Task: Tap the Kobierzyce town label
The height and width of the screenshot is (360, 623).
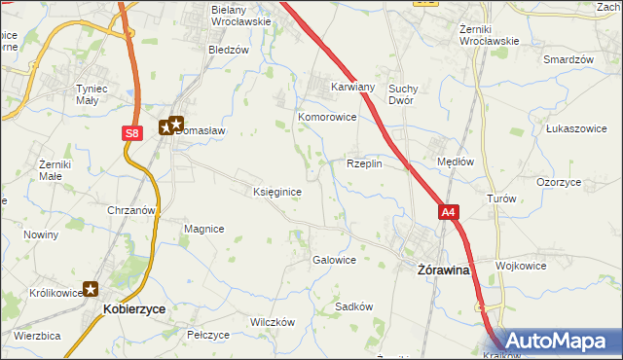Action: click(133, 308)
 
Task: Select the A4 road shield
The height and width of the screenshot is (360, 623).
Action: click(447, 212)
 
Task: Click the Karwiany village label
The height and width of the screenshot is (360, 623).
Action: click(352, 86)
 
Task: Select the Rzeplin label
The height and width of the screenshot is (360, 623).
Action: click(364, 163)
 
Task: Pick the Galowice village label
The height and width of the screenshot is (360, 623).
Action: click(333, 260)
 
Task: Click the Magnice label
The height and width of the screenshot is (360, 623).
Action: click(204, 229)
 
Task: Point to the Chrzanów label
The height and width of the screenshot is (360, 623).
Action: click(131, 210)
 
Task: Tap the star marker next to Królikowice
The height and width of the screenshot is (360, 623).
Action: click(91, 288)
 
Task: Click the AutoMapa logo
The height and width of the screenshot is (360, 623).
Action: click(558, 342)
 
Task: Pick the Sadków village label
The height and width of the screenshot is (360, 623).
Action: click(354, 306)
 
